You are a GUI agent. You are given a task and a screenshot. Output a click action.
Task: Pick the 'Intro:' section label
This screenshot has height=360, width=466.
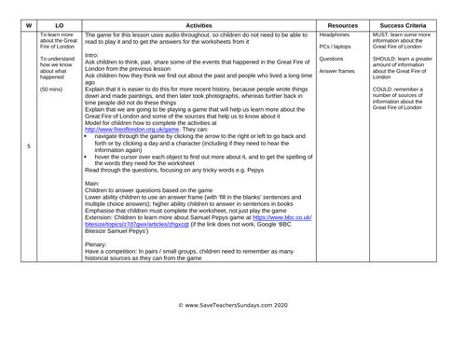point(94,55)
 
